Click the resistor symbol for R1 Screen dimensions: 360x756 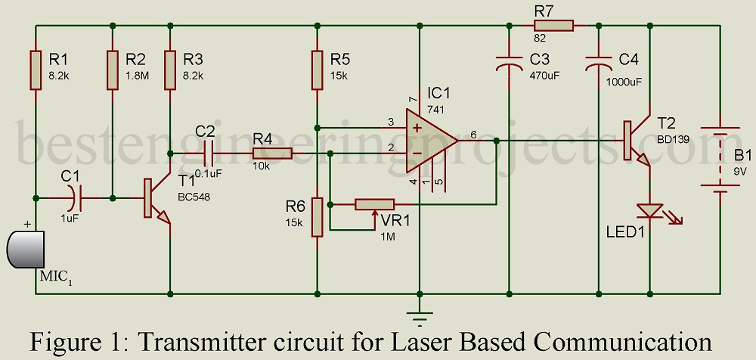pyautogui.click(x=36, y=70)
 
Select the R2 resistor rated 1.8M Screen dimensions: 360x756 pyautogui.click(x=112, y=70)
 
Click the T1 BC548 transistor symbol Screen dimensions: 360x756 pyautogui.click(x=155, y=198)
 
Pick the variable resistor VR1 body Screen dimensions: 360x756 pyautogui.click(x=375, y=203)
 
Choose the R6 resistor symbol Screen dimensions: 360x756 pyautogui.click(x=318, y=217)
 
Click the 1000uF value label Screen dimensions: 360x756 pyautogui.click(x=624, y=77)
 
